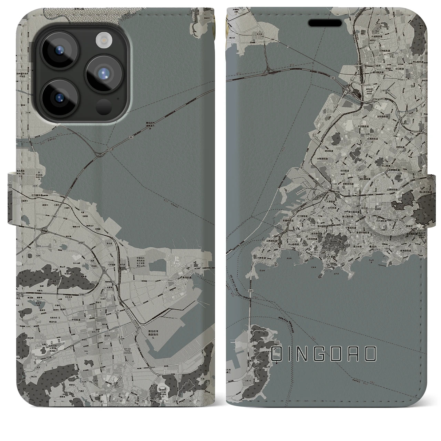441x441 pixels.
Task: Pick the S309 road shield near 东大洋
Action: pyautogui.click(x=273, y=40)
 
